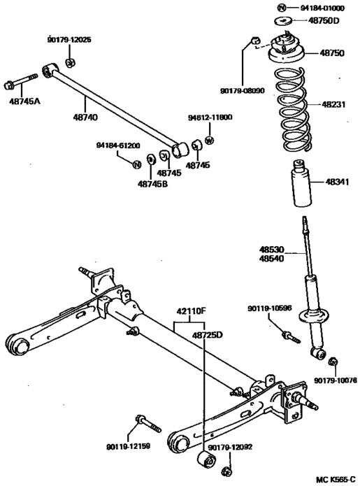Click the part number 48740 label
(85, 117)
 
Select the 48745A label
(24, 101)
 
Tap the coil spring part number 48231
(333, 104)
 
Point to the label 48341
(337, 182)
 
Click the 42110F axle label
(191, 311)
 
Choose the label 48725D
(208, 335)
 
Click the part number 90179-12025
(69, 40)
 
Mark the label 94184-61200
(118, 145)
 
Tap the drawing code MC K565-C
(336, 480)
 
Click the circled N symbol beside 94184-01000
(281, 8)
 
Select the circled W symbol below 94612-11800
(210, 141)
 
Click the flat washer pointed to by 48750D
(283, 21)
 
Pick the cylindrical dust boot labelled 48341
(301, 183)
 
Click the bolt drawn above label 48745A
(20, 81)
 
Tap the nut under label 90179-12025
(70, 63)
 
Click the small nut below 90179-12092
(226, 471)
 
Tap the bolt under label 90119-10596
(291, 337)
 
